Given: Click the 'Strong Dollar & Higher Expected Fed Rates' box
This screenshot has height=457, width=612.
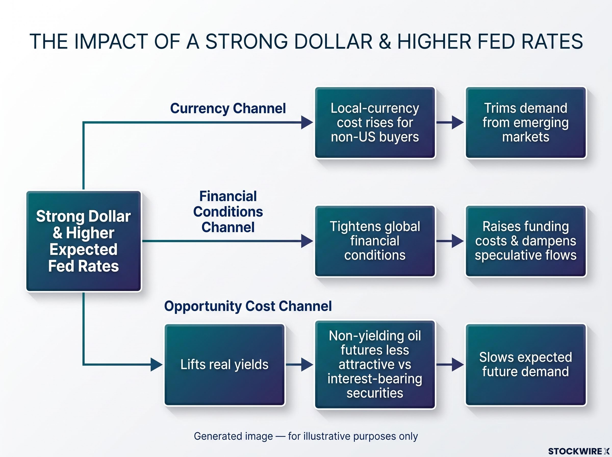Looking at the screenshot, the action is tap(84, 241).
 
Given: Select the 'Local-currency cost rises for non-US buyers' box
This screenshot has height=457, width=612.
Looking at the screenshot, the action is tap(375, 123).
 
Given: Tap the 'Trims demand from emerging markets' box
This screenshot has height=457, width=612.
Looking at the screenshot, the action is tap(526, 123).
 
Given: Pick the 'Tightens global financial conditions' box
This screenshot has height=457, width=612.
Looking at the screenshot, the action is tap(375, 241).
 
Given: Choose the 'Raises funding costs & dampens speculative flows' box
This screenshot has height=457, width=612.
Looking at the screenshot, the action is tap(526, 241).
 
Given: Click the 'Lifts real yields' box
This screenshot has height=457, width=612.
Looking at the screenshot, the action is tap(224, 365).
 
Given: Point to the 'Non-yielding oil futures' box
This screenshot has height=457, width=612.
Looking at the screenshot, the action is tap(375, 365).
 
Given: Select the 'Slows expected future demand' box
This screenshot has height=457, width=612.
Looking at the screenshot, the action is tap(526, 365).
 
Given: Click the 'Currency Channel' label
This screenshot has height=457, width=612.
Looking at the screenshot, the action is tap(228, 108).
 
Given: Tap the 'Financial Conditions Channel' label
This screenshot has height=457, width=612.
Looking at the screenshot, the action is tap(228, 212).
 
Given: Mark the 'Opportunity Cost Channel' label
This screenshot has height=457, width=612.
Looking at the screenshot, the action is tap(248, 307).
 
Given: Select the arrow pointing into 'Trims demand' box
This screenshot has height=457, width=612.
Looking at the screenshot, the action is tap(450, 123).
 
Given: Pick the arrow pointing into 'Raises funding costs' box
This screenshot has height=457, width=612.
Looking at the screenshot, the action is tap(450, 241).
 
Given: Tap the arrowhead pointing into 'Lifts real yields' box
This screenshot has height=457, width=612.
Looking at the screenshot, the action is tap(157, 365).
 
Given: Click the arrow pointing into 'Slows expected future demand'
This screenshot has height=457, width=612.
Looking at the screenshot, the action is tap(450, 365).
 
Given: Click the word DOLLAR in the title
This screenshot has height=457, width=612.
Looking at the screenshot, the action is tap(333, 42).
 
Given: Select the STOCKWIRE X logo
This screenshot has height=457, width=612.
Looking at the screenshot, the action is tap(579, 451).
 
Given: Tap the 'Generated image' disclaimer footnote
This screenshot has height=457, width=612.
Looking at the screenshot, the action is tap(306, 436).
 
